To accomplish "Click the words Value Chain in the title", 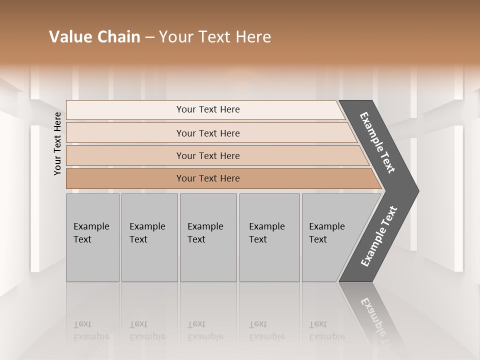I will [94, 37].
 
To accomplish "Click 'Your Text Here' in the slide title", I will [215, 37].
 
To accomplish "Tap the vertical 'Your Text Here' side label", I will [57, 144].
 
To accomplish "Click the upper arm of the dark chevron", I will [377, 142].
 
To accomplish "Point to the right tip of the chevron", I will [416, 190].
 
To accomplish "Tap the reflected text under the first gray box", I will [91, 330].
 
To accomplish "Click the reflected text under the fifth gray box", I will [326, 330].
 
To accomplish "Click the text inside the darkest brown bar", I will [208, 178].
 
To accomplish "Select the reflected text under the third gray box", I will [205, 330].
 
